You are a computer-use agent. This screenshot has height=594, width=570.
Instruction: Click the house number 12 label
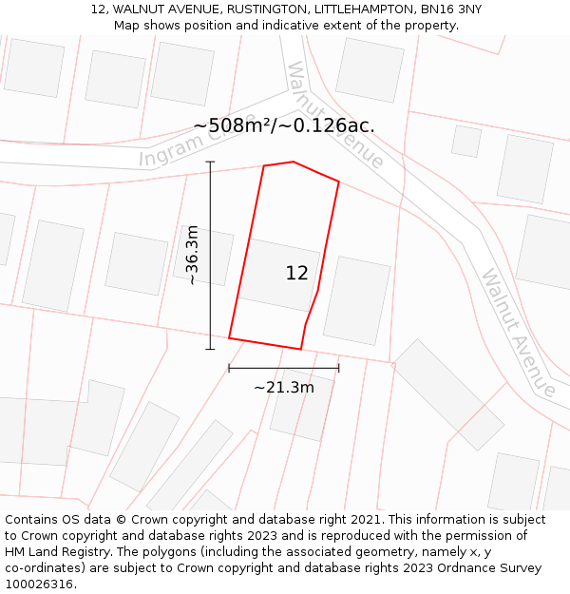(x=296, y=274)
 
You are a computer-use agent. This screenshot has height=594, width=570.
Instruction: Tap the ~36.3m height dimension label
(x=192, y=255)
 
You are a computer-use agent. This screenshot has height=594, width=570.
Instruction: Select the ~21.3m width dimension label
(x=283, y=387)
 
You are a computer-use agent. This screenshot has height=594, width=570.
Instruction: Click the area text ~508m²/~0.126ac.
(x=284, y=125)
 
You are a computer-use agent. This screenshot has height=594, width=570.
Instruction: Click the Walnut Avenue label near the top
(x=334, y=114)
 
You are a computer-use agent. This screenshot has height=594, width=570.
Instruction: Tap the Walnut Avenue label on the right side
(x=518, y=333)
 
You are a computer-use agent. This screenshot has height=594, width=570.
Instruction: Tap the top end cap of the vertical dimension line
(x=210, y=163)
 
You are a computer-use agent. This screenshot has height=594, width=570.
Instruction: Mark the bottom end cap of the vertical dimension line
(x=210, y=349)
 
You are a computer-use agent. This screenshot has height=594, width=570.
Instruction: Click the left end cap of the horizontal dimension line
(x=229, y=368)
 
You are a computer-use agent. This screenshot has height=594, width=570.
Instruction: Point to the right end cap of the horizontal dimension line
(x=338, y=368)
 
